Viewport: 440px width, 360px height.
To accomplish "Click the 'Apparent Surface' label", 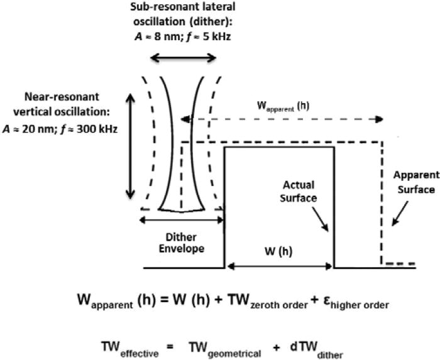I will pos(413,183).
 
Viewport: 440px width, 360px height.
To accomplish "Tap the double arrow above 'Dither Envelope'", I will pos(182,219).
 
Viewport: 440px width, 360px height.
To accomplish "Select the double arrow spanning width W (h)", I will pos(280,266).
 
